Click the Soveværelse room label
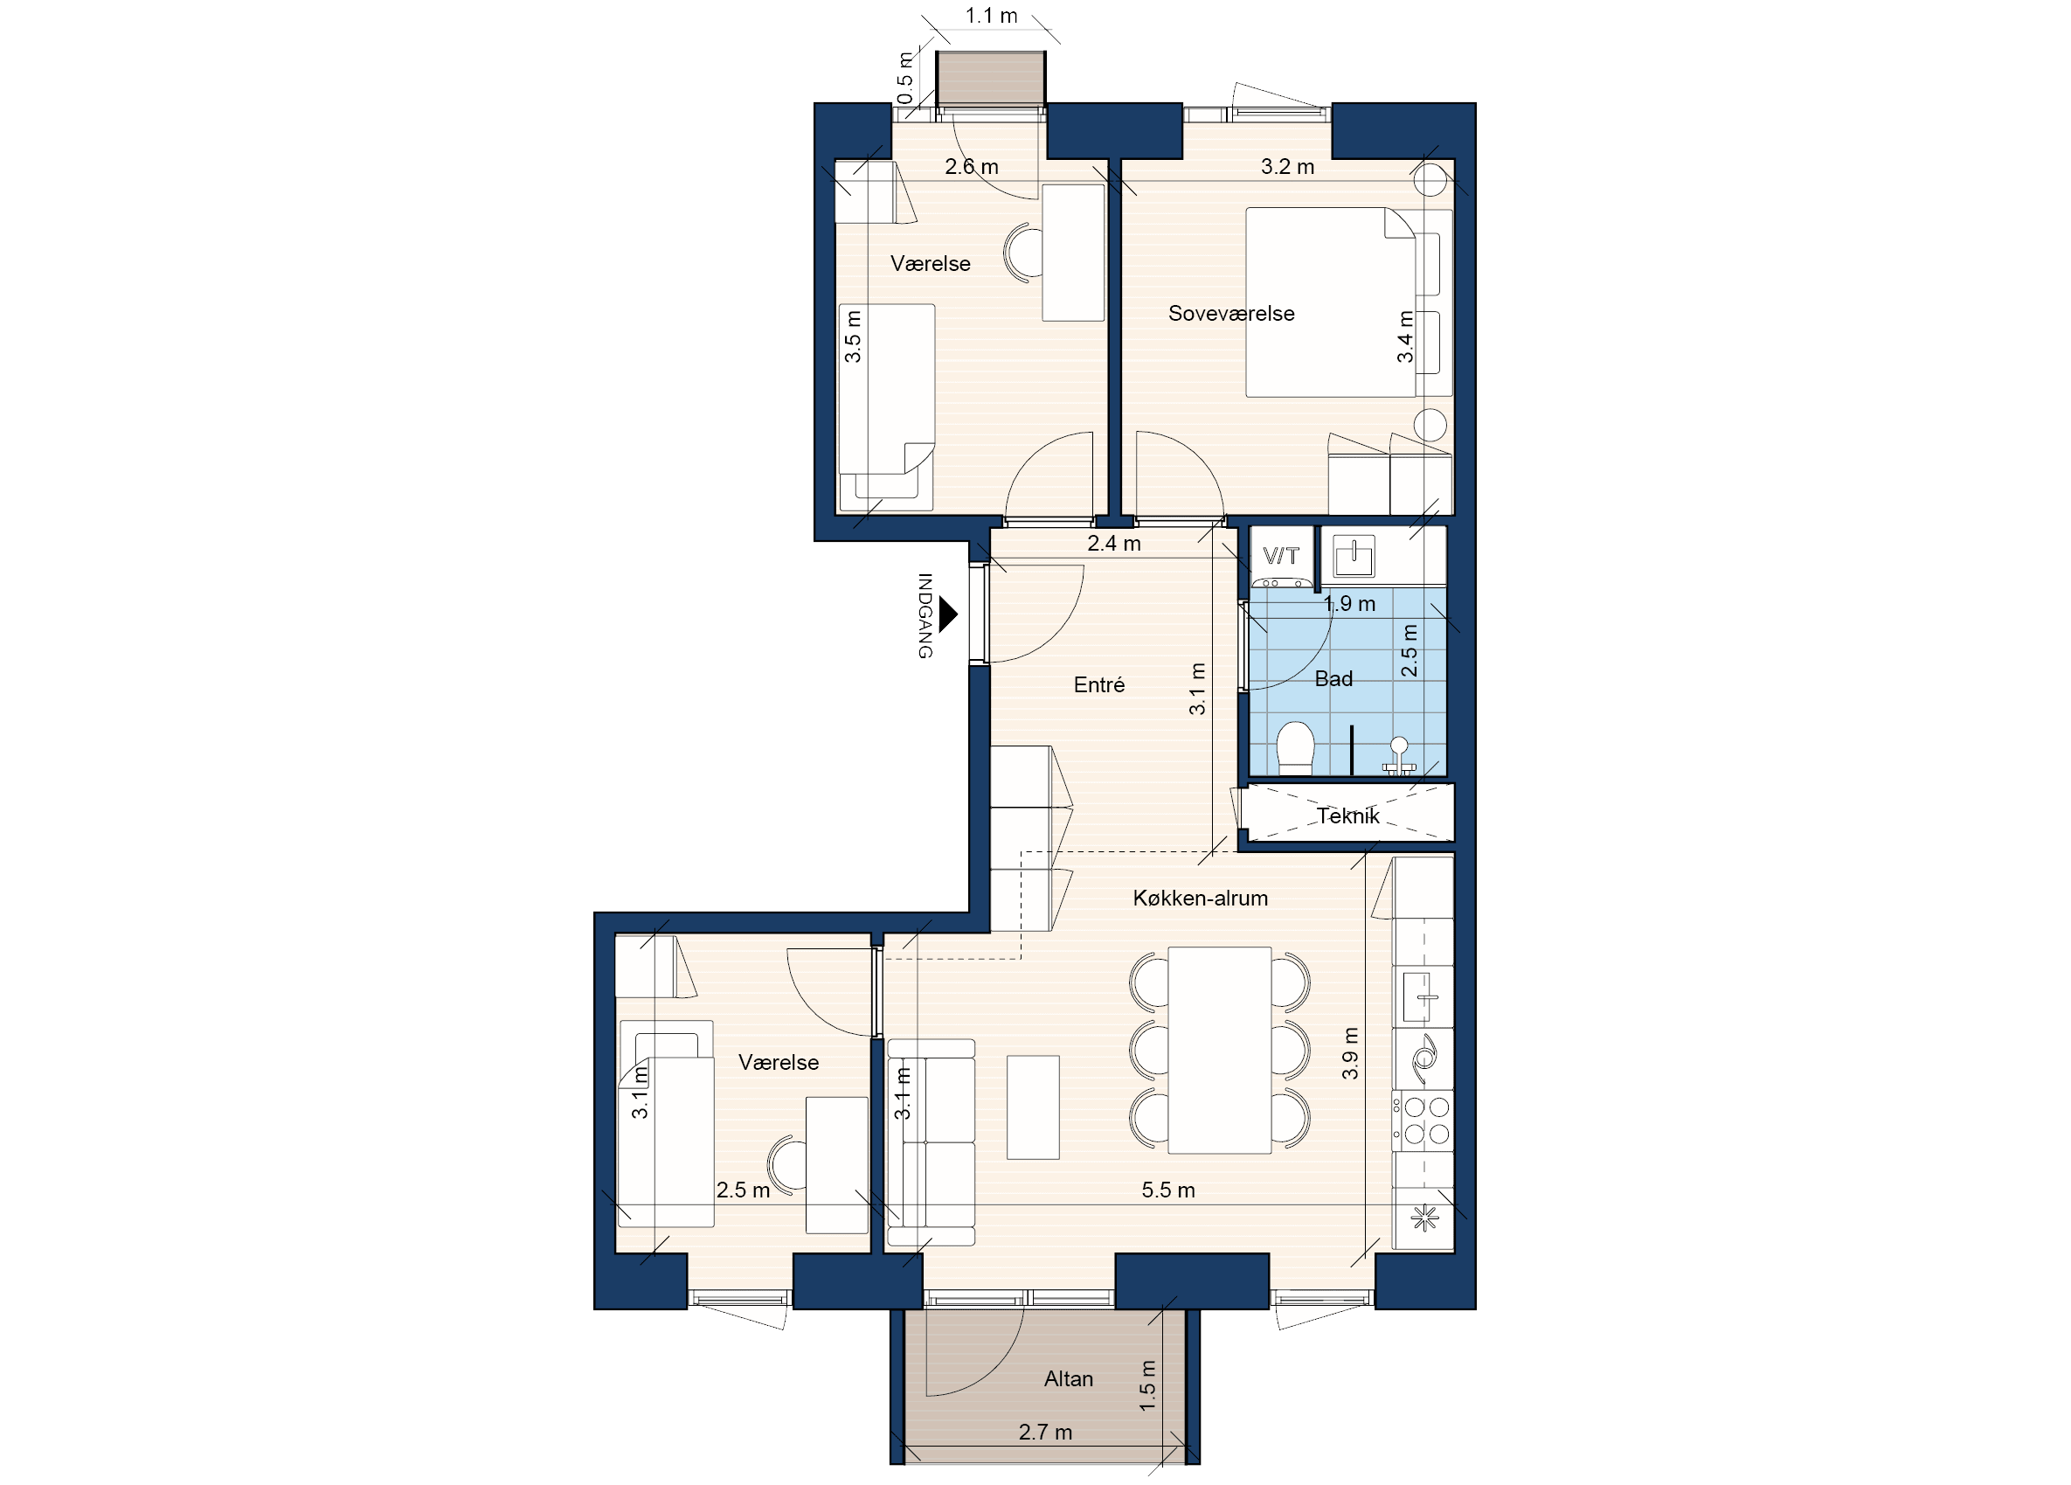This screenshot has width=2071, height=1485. pos(1231,313)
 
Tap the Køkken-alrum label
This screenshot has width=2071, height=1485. pos(1200,898)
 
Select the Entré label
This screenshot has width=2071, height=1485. pos(1098,684)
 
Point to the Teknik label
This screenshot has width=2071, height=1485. pos(1347,815)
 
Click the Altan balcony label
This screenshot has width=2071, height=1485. pos(1069,1378)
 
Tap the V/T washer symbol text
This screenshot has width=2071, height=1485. pos(1280,555)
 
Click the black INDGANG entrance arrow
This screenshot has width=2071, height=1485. pos(949,614)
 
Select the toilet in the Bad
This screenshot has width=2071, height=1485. pos(1295,748)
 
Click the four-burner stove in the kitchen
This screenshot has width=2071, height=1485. pos(1423,1121)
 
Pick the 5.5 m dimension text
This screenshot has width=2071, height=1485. pos(1168,1189)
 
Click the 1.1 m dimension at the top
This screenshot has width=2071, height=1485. pos(991,16)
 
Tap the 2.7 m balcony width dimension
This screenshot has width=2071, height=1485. pos(1045,1431)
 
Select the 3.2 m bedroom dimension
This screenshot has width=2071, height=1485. pos(1287,166)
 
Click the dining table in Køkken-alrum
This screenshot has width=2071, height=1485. pos(1219,1051)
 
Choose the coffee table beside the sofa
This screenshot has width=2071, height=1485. pos(1033,1107)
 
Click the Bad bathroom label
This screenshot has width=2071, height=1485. pos(1333,678)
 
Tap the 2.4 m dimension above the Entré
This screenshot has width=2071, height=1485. pos(1114,544)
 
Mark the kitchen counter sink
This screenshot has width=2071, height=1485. pos(1421,996)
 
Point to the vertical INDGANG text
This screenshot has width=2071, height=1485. pos(925,615)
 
